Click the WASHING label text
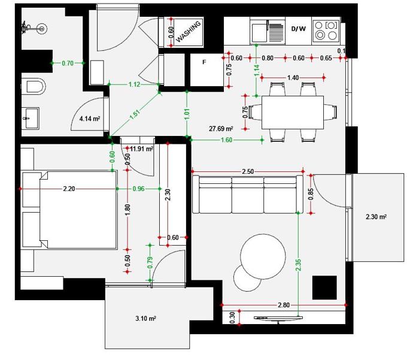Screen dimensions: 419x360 pos(188,32)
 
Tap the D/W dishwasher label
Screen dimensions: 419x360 pos(299,29)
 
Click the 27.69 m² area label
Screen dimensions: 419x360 pos(221,129)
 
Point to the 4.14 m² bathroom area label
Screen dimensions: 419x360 pos(90,119)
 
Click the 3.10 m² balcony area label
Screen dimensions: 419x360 pos(146,319)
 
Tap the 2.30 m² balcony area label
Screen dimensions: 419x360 pos(377,217)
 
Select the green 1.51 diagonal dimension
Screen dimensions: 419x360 pos(135,114)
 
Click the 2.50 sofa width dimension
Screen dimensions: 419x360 pos(248,171)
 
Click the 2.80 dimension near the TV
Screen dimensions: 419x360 pos(284,305)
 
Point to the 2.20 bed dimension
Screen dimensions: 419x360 pos(69,189)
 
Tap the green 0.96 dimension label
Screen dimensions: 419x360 pos(138,189)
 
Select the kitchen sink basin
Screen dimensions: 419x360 pos(259,32)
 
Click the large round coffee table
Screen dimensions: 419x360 pos(263,256)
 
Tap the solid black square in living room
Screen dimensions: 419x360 pos(324,288)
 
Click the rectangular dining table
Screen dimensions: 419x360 pos(293,113)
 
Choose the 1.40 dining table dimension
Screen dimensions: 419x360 pos(293,78)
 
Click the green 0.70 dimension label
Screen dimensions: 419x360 pos(68,63)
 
